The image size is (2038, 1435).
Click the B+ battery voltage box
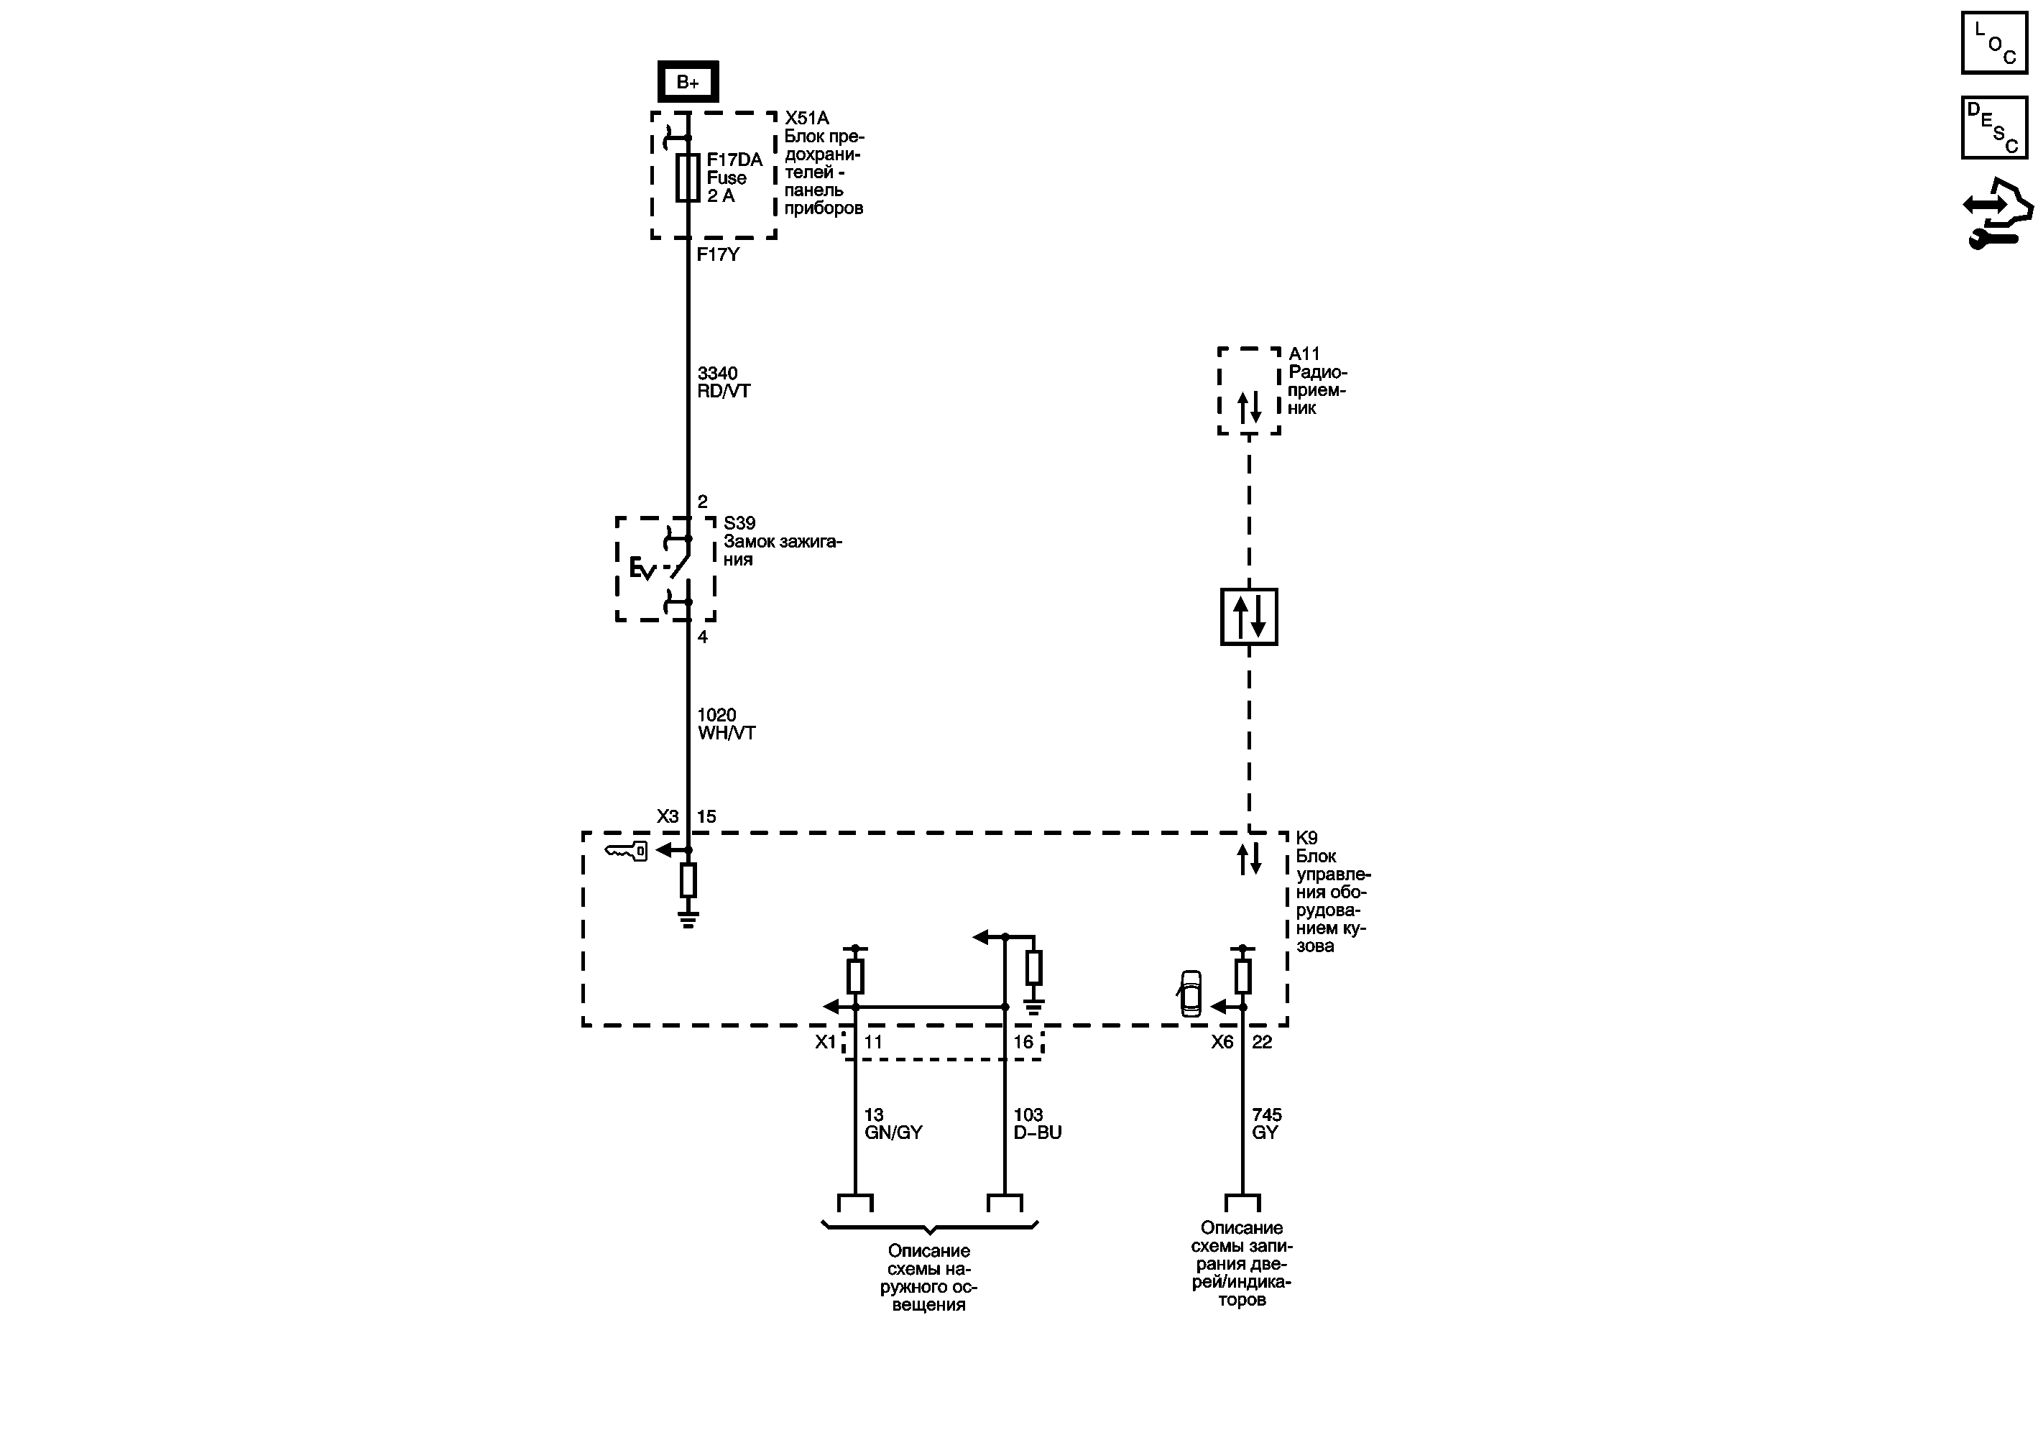(x=688, y=83)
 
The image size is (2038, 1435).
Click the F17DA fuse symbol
(x=688, y=177)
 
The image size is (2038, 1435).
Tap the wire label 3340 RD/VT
(x=724, y=382)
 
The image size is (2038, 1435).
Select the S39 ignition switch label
(x=782, y=541)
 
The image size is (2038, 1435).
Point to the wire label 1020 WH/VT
(x=726, y=724)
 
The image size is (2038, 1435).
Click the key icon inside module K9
(x=626, y=851)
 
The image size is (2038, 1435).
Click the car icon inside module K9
(x=1190, y=994)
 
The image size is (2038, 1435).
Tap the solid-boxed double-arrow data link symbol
(x=1249, y=617)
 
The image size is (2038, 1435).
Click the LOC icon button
(x=1994, y=42)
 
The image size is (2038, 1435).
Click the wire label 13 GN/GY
(x=893, y=1124)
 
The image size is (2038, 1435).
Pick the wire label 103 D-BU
(x=1038, y=1124)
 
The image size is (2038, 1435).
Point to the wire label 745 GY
(x=1267, y=1124)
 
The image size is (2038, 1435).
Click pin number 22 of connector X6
(x=1262, y=1042)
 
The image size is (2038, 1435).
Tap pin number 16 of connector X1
(x=1023, y=1042)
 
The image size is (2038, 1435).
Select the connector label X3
(x=668, y=816)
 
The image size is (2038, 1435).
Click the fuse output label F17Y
(x=718, y=254)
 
